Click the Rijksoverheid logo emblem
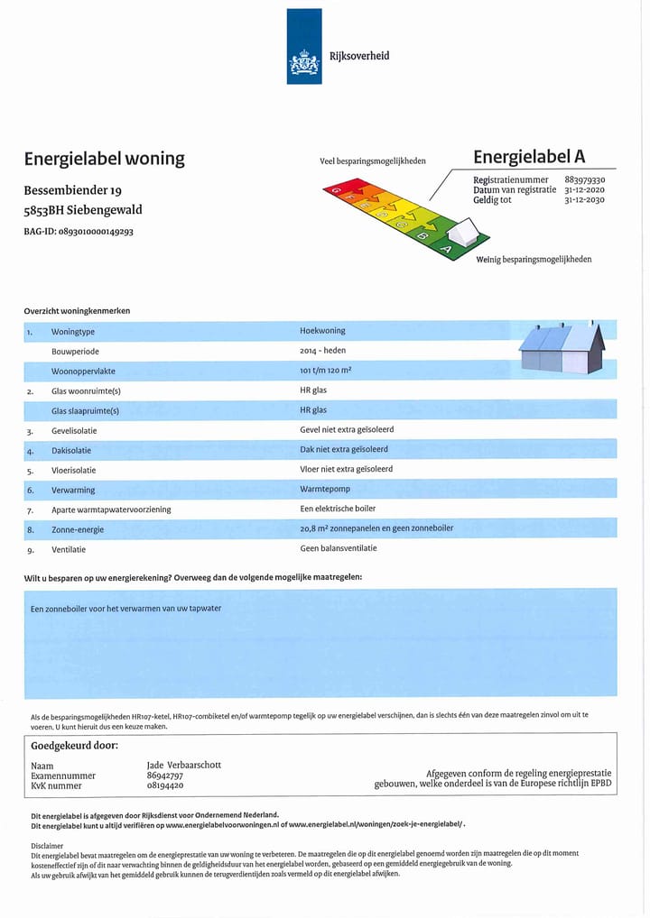click(x=304, y=63)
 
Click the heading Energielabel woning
click(x=104, y=159)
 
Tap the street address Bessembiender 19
click(x=72, y=191)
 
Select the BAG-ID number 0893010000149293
click(x=96, y=232)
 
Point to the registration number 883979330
click(x=584, y=180)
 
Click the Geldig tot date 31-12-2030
click(x=584, y=199)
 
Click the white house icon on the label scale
click(x=464, y=234)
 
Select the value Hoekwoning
click(x=322, y=331)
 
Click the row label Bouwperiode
click(x=75, y=351)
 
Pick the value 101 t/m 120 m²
click(x=325, y=371)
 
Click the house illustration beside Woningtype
click(x=562, y=348)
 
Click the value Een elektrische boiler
click(x=338, y=509)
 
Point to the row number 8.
click(x=30, y=529)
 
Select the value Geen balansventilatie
click(x=339, y=548)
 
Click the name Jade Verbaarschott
click(x=183, y=765)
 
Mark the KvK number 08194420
click(x=164, y=785)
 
